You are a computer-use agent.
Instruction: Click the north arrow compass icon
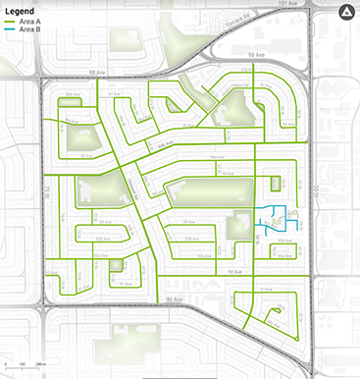tap(344, 13)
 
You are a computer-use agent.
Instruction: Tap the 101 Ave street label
tap(286, 4)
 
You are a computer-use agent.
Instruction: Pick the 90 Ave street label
tap(175, 296)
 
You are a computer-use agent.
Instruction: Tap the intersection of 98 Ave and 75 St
tap(43, 77)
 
